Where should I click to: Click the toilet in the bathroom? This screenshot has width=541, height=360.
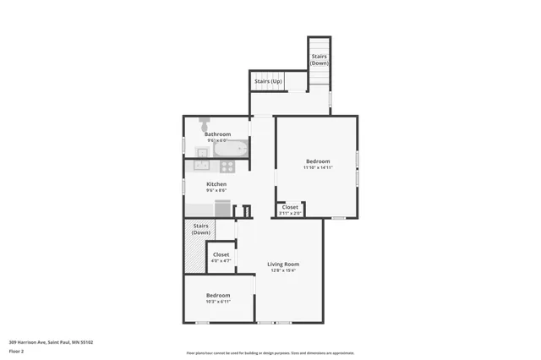click(204, 123)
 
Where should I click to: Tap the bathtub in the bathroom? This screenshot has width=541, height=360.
click(230, 150)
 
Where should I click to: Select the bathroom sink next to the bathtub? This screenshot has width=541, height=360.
click(202, 152)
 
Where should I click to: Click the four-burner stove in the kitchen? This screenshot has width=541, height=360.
click(227, 166)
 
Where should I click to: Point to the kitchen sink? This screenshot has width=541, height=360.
click(204, 166)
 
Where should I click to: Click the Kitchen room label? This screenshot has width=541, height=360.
click(216, 184)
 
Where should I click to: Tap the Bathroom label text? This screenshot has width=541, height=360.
click(217, 134)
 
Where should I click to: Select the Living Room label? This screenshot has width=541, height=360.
click(283, 264)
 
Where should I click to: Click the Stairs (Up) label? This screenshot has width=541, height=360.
click(268, 81)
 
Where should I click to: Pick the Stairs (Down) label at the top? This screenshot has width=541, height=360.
click(320, 60)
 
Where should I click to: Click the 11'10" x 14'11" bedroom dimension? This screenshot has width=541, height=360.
click(318, 167)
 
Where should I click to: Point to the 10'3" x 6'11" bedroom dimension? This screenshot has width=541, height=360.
click(218, 301)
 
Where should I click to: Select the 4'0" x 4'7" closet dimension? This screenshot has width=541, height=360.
click(221, 261)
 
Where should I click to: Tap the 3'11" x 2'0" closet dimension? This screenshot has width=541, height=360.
click(290, 213)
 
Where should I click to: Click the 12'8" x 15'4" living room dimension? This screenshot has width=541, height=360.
click(283, 270)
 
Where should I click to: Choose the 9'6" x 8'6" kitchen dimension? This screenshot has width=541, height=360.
click(216, 190)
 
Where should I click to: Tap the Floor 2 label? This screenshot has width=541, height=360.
click(17, 350)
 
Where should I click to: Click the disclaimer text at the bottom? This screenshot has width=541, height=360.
click(270, 352)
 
